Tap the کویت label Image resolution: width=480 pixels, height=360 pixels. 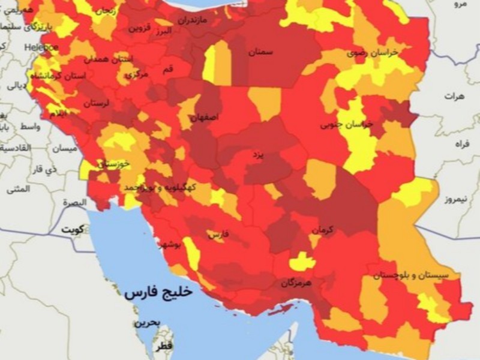(76, 230)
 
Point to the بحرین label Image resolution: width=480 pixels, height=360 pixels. (147, 323)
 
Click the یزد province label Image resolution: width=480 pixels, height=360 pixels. (257, 155)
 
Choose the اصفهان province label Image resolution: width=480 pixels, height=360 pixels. (205, 118)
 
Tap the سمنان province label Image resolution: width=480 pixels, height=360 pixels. (261, 52)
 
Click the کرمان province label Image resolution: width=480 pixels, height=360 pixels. (322, 229)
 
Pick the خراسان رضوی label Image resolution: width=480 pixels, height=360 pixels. (364, 53)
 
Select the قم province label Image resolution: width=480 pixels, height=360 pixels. (168, 70)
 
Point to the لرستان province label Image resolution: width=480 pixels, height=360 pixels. (97, 103)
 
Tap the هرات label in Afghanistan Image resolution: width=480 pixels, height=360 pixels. (455, 96)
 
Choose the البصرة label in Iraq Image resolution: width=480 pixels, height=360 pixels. (74, 203)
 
